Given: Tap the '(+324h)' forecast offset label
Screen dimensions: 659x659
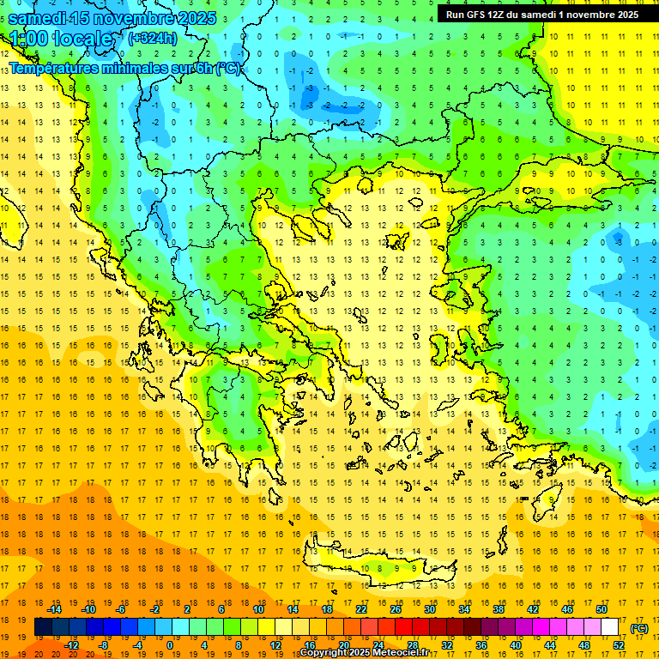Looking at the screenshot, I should [x=153, y=38].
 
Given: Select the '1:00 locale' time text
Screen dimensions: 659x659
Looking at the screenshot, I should [x=60, y=39].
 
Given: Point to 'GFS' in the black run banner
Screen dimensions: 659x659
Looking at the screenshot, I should [x=475, y=15].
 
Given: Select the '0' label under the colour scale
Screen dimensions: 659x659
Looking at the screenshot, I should [x=169, y=645].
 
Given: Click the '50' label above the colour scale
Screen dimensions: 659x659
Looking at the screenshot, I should [x=601, y=608].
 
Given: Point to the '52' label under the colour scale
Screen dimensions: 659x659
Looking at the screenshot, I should [x=619, y=645].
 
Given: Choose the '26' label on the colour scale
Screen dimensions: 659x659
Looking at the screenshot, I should [x=396, y=608].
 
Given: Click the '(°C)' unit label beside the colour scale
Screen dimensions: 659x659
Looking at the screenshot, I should [x=639, y=627].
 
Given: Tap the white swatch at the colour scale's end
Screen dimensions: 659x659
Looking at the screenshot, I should [x=610, y=627].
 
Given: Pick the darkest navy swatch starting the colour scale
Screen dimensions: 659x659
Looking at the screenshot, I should [x=43, y=627].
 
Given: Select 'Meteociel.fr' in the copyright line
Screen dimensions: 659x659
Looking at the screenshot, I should [x=405, y=653].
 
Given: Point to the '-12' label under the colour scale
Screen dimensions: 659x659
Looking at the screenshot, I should [x=71, y=645].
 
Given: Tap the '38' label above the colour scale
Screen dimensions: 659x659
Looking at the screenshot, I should [x=498, y=608].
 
